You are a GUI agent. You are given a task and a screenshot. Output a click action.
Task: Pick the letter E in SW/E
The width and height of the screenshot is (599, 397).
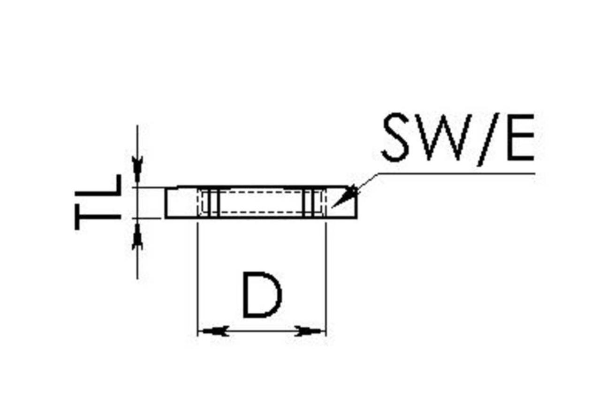click(520, 137)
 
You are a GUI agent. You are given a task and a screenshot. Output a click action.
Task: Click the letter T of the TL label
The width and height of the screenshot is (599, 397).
click(98, 217)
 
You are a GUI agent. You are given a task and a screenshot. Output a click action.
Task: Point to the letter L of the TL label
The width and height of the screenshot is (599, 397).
click(98, 185)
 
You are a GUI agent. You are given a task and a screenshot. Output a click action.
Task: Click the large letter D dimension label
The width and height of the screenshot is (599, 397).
click(262, 295)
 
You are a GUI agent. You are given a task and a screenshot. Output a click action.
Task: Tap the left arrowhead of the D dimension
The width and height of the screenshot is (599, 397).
click(215, 331)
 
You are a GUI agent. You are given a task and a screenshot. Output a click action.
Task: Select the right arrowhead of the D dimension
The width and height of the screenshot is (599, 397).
click(308, 331)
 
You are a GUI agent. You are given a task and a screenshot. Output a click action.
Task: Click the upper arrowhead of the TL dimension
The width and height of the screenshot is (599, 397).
click(137, 169)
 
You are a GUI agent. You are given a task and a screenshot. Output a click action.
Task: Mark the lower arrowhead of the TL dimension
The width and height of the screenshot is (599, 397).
click(137, 237)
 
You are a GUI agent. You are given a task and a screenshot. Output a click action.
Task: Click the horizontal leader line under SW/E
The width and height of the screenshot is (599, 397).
click(456, 173)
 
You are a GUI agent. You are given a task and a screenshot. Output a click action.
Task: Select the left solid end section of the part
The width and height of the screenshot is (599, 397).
click(182, 202)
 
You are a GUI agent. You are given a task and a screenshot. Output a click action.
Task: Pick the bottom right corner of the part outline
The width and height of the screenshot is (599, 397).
click(356, 218)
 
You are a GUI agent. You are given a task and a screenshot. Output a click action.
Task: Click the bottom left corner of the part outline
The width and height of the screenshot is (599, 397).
click(165, 218)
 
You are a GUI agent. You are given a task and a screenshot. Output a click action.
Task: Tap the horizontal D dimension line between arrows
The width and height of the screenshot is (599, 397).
click(262, 331)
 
